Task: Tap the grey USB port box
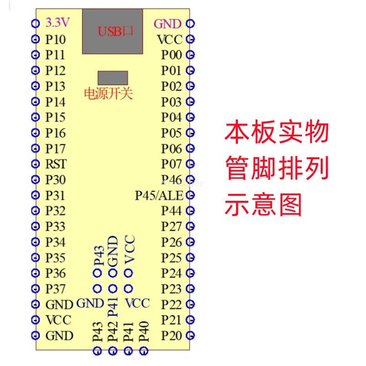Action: pos(112,31)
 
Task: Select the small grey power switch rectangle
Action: pos(113,77)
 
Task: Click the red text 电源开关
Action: pos(108,94)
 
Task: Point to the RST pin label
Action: pos(56,164)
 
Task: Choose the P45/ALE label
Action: pos(159,195)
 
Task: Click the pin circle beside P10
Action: pos(35,39)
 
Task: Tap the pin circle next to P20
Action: pos(191,335)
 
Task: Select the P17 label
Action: pos(55,148)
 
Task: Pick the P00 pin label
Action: pos(172,55)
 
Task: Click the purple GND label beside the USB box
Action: pos(167,23)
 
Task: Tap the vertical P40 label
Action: pos(144,331)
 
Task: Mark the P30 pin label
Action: pos(55,179)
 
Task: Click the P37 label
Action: pos(55,289)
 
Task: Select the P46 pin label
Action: pos(172,179)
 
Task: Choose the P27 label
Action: pos(172,226)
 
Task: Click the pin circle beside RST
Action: pos(35,164)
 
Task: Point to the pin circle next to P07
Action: pos(191,163)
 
